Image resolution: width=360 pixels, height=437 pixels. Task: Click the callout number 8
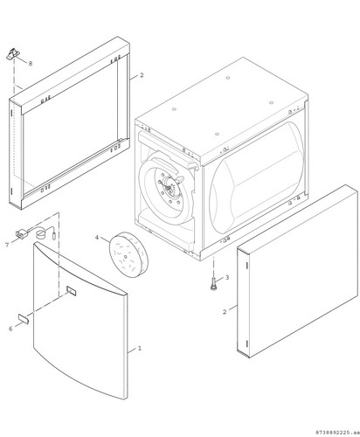tap(31, 63)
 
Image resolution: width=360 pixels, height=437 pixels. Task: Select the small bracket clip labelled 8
tap(13, 54)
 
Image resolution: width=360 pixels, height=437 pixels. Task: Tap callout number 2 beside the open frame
tap(142, 75)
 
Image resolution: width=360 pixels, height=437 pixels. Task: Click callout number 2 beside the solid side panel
tap(225, 312)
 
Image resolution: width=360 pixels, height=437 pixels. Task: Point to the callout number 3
tap(227, 277)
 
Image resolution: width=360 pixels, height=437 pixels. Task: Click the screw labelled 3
tap(214, 283)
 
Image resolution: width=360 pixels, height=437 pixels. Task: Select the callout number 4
tap(97, 238)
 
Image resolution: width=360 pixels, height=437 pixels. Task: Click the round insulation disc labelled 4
tap(128, 254)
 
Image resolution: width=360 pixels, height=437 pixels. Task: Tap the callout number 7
tap(7, 245)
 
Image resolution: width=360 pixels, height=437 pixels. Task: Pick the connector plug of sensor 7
tap(21, 234)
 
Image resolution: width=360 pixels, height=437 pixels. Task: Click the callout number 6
tap(10, 329)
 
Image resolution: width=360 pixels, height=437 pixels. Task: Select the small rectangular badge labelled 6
tap(23, 318)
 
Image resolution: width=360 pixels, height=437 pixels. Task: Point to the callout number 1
tap(140, 348)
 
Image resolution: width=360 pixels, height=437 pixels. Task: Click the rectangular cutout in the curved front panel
tap(71, 290)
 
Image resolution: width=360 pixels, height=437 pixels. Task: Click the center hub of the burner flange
tap(169, 189)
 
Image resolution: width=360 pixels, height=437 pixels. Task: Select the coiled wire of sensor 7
tap(41, 233)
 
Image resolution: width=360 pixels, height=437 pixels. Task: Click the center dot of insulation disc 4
tap(124, 257)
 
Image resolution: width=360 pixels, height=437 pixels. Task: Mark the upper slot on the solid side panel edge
tap(247, 266)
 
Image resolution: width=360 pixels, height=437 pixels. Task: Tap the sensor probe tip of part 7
tap(54, 235)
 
